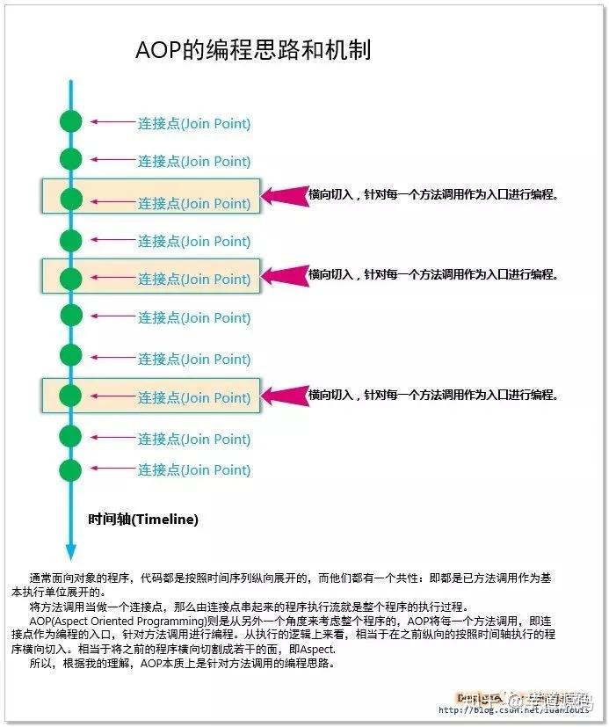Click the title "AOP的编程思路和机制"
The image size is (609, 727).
(x=253, y=50)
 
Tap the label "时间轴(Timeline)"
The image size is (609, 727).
(x=143, y=520)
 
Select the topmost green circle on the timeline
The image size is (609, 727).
(x=71, y=122)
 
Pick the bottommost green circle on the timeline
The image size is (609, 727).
(x=71, y=469)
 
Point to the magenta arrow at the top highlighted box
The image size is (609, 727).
(x=286, y=194)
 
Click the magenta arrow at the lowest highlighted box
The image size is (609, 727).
(x=286, y=395)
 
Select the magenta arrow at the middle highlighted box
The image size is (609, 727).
(x=286, y=275)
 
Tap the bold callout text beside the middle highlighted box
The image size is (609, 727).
(x=433, y=274)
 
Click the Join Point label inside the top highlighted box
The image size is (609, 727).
(x=193, y=204)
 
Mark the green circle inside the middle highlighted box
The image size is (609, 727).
(x=71, y=279)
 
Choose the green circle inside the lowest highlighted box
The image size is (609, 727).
(x=71, y=397)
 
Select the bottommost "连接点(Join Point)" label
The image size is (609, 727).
(x=193, y=470)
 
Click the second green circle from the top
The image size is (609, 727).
(x=71, y=159)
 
